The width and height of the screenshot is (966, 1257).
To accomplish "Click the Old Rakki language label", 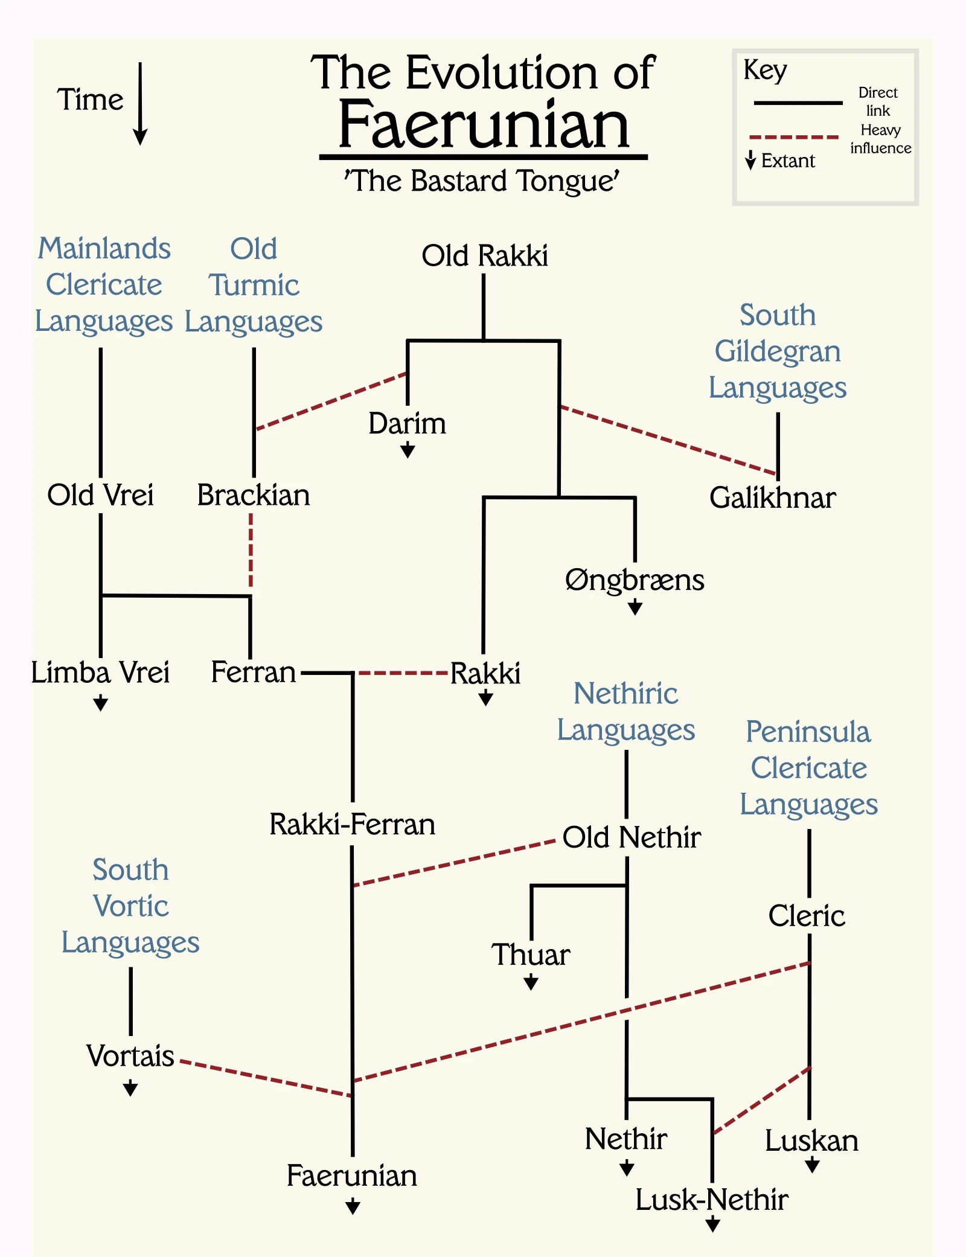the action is point(485,255).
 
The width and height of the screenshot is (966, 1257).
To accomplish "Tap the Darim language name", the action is point(408,423).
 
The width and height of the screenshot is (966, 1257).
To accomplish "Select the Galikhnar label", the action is point(772,497).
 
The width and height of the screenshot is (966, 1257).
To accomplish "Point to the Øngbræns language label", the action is point(635,580).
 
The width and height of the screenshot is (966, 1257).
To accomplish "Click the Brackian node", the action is point(254,495).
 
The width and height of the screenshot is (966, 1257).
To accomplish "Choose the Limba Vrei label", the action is point(100,673).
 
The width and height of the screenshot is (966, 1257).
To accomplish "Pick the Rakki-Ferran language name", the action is point(352,824).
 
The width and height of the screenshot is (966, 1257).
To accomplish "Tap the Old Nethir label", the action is point(632,837).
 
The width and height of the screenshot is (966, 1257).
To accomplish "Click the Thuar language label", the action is point(531,955).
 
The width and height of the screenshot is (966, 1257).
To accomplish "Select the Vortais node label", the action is point(130,1056).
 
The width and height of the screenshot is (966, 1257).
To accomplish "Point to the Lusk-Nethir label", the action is point(712,1200).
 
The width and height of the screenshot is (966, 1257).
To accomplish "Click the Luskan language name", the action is point(811,1141).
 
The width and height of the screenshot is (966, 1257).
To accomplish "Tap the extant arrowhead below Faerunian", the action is point(353,1207).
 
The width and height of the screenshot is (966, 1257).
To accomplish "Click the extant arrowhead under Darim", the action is point(408,450).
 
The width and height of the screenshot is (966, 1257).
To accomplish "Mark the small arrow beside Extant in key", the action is point(750,161).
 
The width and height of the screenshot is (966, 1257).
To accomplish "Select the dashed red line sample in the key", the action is point(794,138).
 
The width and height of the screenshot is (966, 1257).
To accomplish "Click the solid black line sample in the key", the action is point(798,103).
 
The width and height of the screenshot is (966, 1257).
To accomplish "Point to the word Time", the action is point(91,100).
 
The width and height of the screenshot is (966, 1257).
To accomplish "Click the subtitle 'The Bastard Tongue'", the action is point(482,181).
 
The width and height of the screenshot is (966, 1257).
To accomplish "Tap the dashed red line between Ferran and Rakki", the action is point(403,673).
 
